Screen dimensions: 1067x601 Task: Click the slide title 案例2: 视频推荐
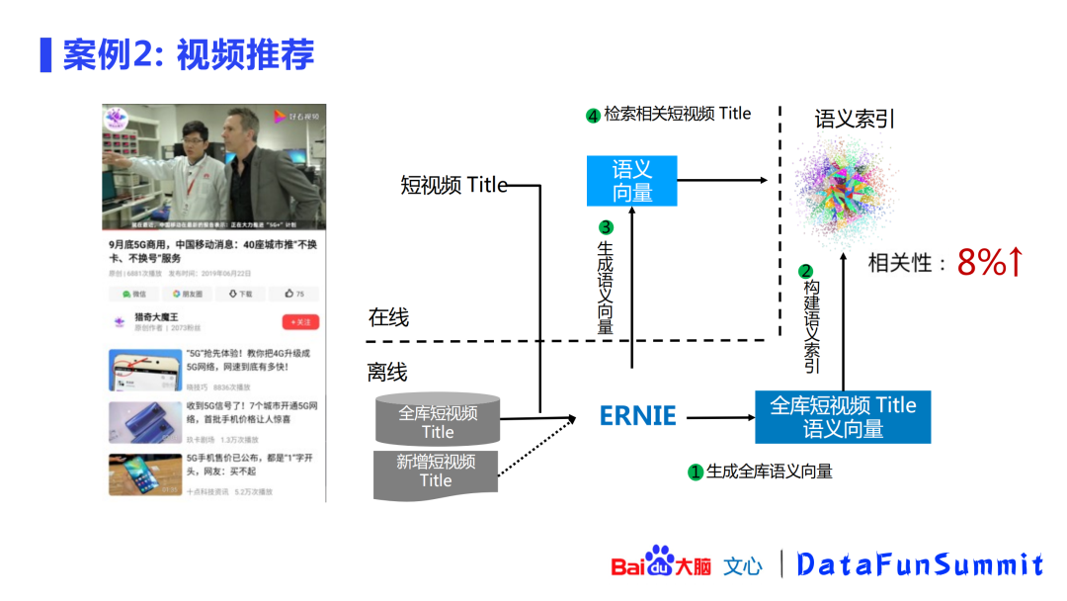click(x=188, y=53)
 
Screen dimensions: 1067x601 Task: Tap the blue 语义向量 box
click(x=631, y=181)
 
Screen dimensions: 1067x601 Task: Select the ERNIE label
click(x=638, y=416)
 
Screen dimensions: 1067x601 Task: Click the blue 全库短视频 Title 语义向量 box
click(x=843, y=417)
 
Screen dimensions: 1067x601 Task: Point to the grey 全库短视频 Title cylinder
click(x=438, y=420)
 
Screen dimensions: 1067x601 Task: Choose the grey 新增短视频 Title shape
click(x=436, y=472)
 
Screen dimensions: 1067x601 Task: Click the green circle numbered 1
click(x=696, y=472)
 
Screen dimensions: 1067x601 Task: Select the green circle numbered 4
click(x=593, y=116)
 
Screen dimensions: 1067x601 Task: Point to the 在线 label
click(x=388, y=318)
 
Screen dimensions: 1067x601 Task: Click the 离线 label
click(x=387, y=372)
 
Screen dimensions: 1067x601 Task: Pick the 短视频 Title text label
click(x=453, y=185)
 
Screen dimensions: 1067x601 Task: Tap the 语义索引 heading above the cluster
click(x=855, y=119)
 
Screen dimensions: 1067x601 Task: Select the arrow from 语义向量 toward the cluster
click(x=722, y=180)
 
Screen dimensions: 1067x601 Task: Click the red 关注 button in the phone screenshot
click(x=299, y=322)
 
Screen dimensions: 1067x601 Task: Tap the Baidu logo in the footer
click(x=660, y=563)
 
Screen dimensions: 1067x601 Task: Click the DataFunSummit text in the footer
click(x=920, y=564)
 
